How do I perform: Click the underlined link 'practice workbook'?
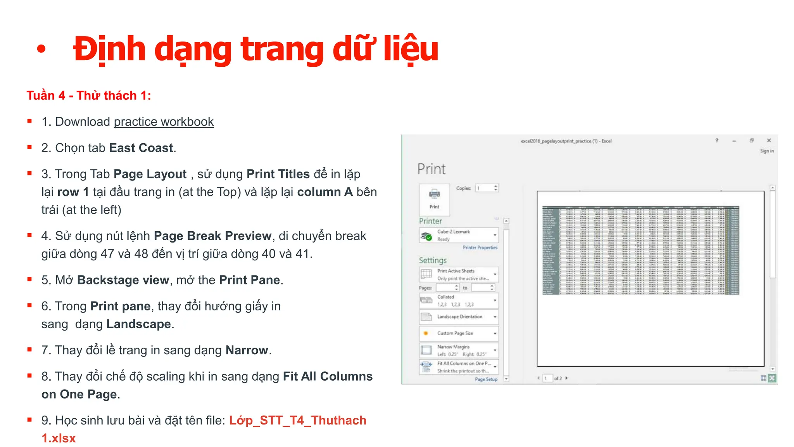click(164, 122)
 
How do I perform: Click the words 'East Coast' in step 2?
click(141, 148)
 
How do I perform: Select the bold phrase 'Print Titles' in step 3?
click(278, 174)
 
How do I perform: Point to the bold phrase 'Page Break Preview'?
click(212, 236)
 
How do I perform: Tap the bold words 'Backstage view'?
click(123, 280)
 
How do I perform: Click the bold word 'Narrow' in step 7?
click(247, 350)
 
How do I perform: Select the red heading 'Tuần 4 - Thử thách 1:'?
click(89, 95)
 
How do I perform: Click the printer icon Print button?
click(434, 199)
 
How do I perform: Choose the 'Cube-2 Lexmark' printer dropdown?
click(459, 236)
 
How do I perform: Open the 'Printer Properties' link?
click(480, 248)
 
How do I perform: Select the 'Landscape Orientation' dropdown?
click(459, 317)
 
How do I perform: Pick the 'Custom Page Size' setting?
click(459, 333)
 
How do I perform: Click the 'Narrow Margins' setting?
click(459, 350)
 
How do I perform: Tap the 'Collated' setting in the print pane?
click(459, 301)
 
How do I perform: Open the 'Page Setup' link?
click(486, 379)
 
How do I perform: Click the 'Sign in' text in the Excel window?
click(766, 151)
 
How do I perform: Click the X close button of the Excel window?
click(769, 140)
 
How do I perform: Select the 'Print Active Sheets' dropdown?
click(459, 274)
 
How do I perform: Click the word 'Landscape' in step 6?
click(138, 324)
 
